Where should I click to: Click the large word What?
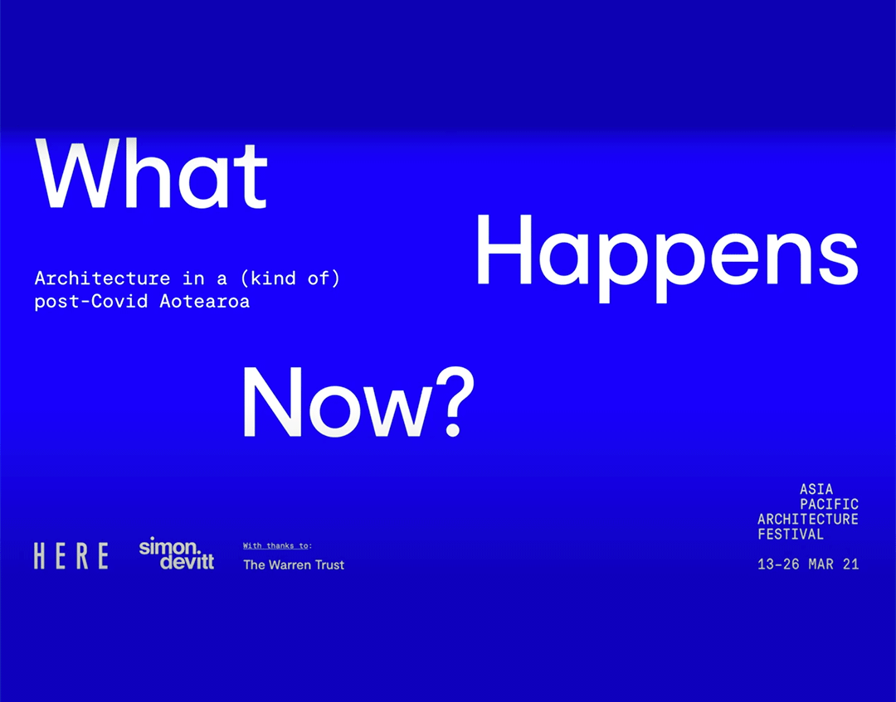click(151, 175)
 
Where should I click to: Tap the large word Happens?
click(665, 249)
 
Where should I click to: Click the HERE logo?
click(71, 555)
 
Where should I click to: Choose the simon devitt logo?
click(176, 554)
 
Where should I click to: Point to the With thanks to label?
click(277, 545)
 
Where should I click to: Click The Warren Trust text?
click(294, 564)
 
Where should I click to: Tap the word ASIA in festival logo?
click(816, 490)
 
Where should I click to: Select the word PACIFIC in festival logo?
click(829, 505)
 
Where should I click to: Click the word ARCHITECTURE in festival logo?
click(808, 520)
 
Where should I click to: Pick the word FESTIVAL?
click(791, 535)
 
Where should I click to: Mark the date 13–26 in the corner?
click(782, 564)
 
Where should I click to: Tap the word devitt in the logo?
click(187, 562)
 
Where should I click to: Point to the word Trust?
click(327, 564)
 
